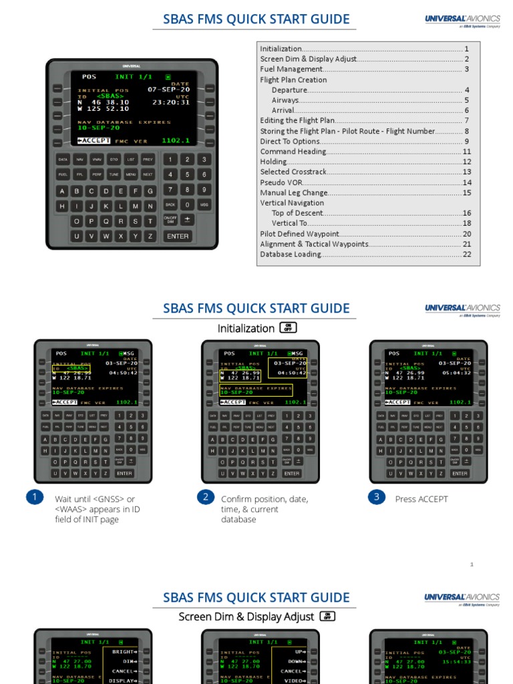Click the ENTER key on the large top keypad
click(x=178, y=236)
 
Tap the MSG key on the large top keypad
click(x=204, y=205)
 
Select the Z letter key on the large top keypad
click(x=150, y=236)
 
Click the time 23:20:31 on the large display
click(x=171, y=102)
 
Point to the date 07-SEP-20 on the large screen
click(x=168, y=89)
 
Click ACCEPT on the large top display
click(x=94, y=141)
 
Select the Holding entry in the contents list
click(x=274, y=162)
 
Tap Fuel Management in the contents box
click(x=291, y=69)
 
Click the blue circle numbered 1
click(x=34, y=498)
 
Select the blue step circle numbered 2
click(x=206, y=498)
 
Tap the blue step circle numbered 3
click(x=377, y=498)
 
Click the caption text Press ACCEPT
click(x=421, y=499)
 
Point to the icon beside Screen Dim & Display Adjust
click(x=327, y=616)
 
